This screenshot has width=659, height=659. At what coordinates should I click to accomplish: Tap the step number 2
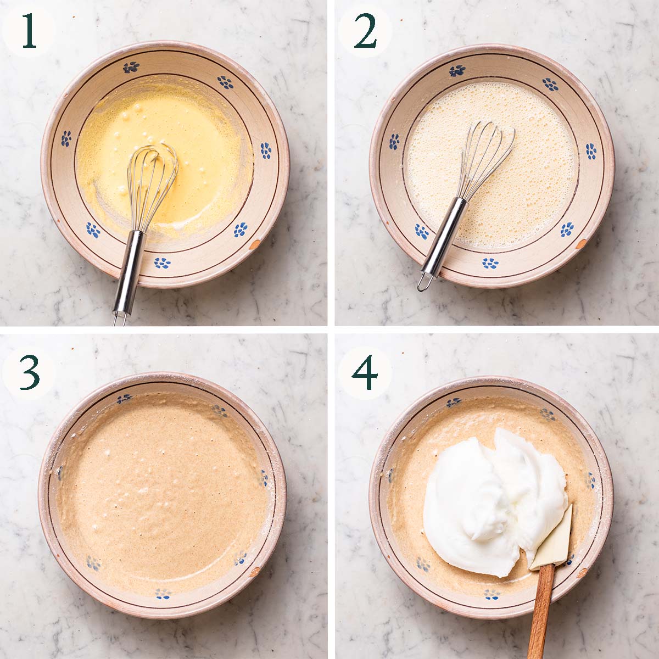pyautogui.click(x=365, y=32)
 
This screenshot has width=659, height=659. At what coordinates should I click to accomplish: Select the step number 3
pyautogui.click(x=29, y=372)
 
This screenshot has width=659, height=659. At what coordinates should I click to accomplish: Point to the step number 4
pyautogui.click(x=365, y=372)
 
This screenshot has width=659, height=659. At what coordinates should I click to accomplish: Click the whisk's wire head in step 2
pyautogui.click(x=487, y=159)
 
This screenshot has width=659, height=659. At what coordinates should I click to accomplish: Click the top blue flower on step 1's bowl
pyautogui.click(x=131, y=67)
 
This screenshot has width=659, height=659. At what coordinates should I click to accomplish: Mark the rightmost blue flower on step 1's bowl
pyautogui.click(x=266, y=150)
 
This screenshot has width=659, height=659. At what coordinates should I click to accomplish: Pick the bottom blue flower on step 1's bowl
pyautogui.click(x=162, y=263)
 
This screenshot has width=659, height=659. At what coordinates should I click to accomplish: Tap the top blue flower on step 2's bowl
pyautogui.click(x=457, y=70)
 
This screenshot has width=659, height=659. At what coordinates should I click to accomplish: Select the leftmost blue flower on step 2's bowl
pyautogui.click(x=394, y=142)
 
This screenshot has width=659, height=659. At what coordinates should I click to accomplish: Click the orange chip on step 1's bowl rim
pyautogui.click(x=254, y=244)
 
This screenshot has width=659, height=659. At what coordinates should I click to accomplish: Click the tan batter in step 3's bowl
pyautogui.click(x=165, y=494)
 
